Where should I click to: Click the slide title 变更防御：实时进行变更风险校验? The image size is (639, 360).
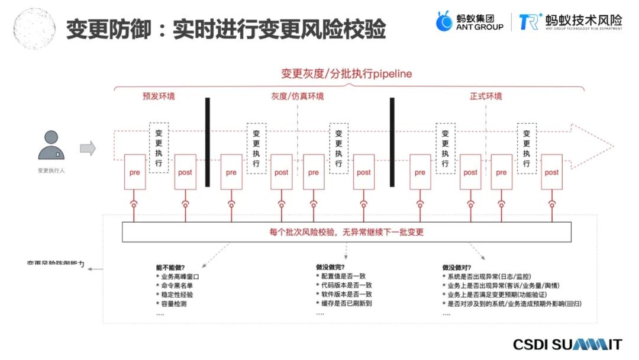coord(225,28)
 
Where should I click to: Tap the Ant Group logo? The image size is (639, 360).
coord(470,22)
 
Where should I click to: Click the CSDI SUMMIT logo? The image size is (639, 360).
coord(567,345)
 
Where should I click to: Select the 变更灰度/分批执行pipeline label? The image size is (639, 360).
coord(347,74)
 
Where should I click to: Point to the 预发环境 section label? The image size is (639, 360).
coord(159,96)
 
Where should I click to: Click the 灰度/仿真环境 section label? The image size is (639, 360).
coord(298,96)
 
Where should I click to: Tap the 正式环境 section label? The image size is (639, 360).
coord(486,96)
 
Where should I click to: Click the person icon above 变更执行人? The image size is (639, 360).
coord(51,146)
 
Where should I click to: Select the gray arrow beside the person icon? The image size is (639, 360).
coord(88,148)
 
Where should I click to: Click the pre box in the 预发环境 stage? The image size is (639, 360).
coord(135,172)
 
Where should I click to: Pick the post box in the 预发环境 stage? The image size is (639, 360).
coord(185,172)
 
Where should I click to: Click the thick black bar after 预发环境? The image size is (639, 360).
coord(208,142)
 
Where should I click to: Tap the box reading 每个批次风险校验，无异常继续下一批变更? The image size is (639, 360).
coord(347,232)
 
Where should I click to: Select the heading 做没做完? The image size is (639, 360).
coord(330,267)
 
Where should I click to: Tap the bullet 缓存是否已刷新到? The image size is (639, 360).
coord(346,304)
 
